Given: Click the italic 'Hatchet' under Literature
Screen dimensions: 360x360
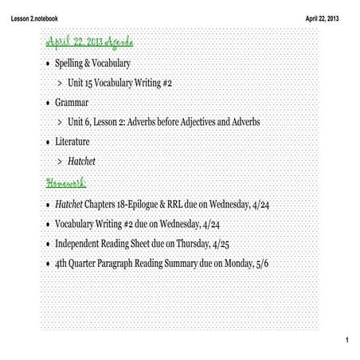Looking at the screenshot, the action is point(81,162).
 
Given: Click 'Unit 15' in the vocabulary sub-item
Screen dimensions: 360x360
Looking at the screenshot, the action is point(85,82).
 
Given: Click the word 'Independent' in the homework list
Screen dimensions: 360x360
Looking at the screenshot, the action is point(79,244).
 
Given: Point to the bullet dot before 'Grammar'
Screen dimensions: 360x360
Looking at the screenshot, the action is point(47,103).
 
